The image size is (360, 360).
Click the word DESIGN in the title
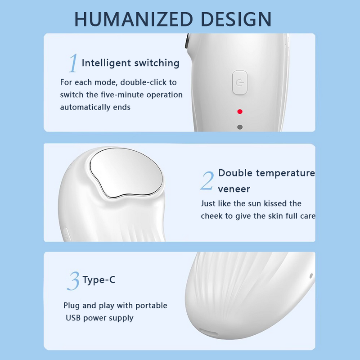tap(236, 19)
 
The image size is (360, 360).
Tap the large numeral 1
tap(72, 63)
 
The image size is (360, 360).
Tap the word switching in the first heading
tap(155, 63)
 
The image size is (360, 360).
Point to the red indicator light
tap(240, 111)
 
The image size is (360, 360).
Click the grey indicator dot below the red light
tap(240, 127)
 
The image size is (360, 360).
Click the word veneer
tap(234, 189)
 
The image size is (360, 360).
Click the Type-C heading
tap(99, 280)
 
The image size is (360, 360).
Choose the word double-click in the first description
tap(144, 82)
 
